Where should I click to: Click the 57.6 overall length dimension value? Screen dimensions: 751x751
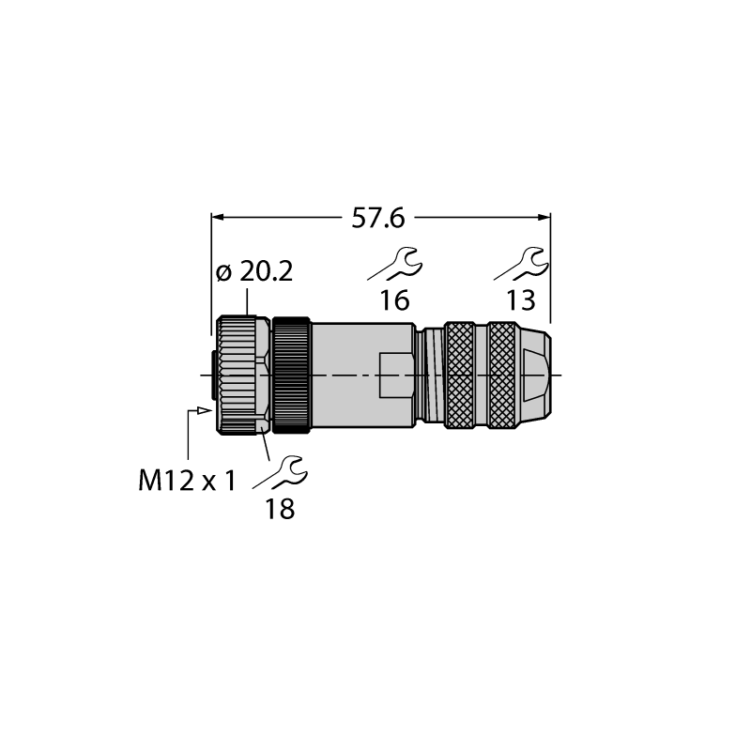[378, 219]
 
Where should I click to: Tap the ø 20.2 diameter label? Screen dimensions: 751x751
[254, 272]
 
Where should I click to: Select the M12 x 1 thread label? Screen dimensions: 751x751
[187, 481]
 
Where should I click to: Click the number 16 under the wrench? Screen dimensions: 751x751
[394, 300]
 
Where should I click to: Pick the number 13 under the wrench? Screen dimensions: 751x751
[521, 300]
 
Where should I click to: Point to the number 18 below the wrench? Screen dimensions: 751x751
[280, 509]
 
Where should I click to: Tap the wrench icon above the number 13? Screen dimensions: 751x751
[522, 264]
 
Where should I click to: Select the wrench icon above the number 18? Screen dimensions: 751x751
[281, 473]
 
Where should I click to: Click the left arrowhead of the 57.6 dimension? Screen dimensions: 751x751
[218, 218]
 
